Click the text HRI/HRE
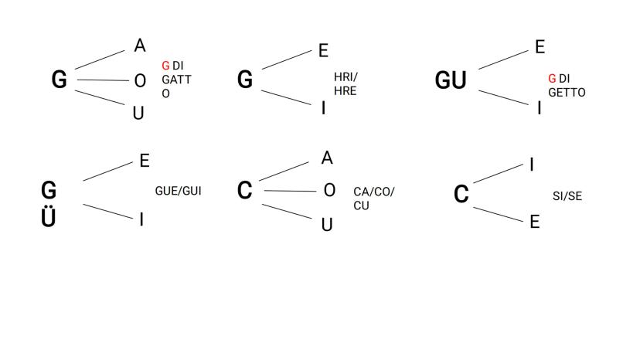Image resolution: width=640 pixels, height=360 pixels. click(345, 84)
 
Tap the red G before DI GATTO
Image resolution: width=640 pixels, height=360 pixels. click(165, 66)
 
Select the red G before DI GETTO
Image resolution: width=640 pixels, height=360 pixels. click(552, 79)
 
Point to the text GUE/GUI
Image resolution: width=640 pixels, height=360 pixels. click(178, 190)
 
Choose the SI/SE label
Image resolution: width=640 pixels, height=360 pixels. click(567, 196)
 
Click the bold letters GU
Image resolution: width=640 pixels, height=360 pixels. click(451, 80)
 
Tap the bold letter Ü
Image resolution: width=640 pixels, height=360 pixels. click(49, 217)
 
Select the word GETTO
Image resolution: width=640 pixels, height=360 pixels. click(566, 92)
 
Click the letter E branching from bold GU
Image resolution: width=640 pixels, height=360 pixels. click(540, 47)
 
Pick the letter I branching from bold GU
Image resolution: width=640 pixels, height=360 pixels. click(540, 107)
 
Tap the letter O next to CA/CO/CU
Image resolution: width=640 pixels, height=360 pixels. click(329, 190)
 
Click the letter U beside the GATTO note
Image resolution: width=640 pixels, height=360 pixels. click(138, 113)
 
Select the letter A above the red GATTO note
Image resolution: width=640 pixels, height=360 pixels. click(139, 46)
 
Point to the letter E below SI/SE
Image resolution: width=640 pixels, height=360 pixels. click(533, 222)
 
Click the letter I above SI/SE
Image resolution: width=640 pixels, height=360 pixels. click(532, 164)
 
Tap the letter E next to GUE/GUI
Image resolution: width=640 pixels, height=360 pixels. click(144, 161)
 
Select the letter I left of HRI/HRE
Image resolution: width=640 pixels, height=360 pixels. click(323, 107)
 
